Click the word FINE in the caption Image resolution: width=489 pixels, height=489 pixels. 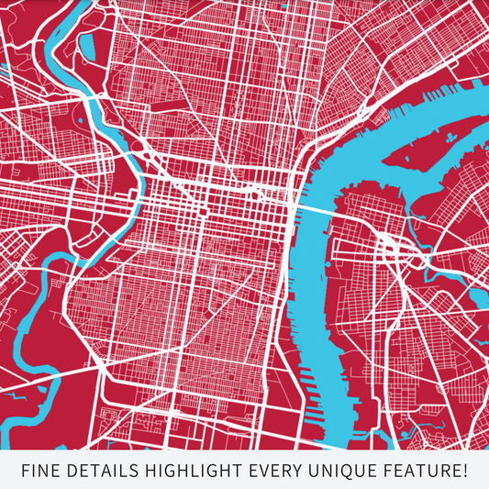[x=40, y=472]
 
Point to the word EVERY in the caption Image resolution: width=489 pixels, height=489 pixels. [x=279, y=472]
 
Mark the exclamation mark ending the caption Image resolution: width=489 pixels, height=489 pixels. [x=465, y=472]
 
